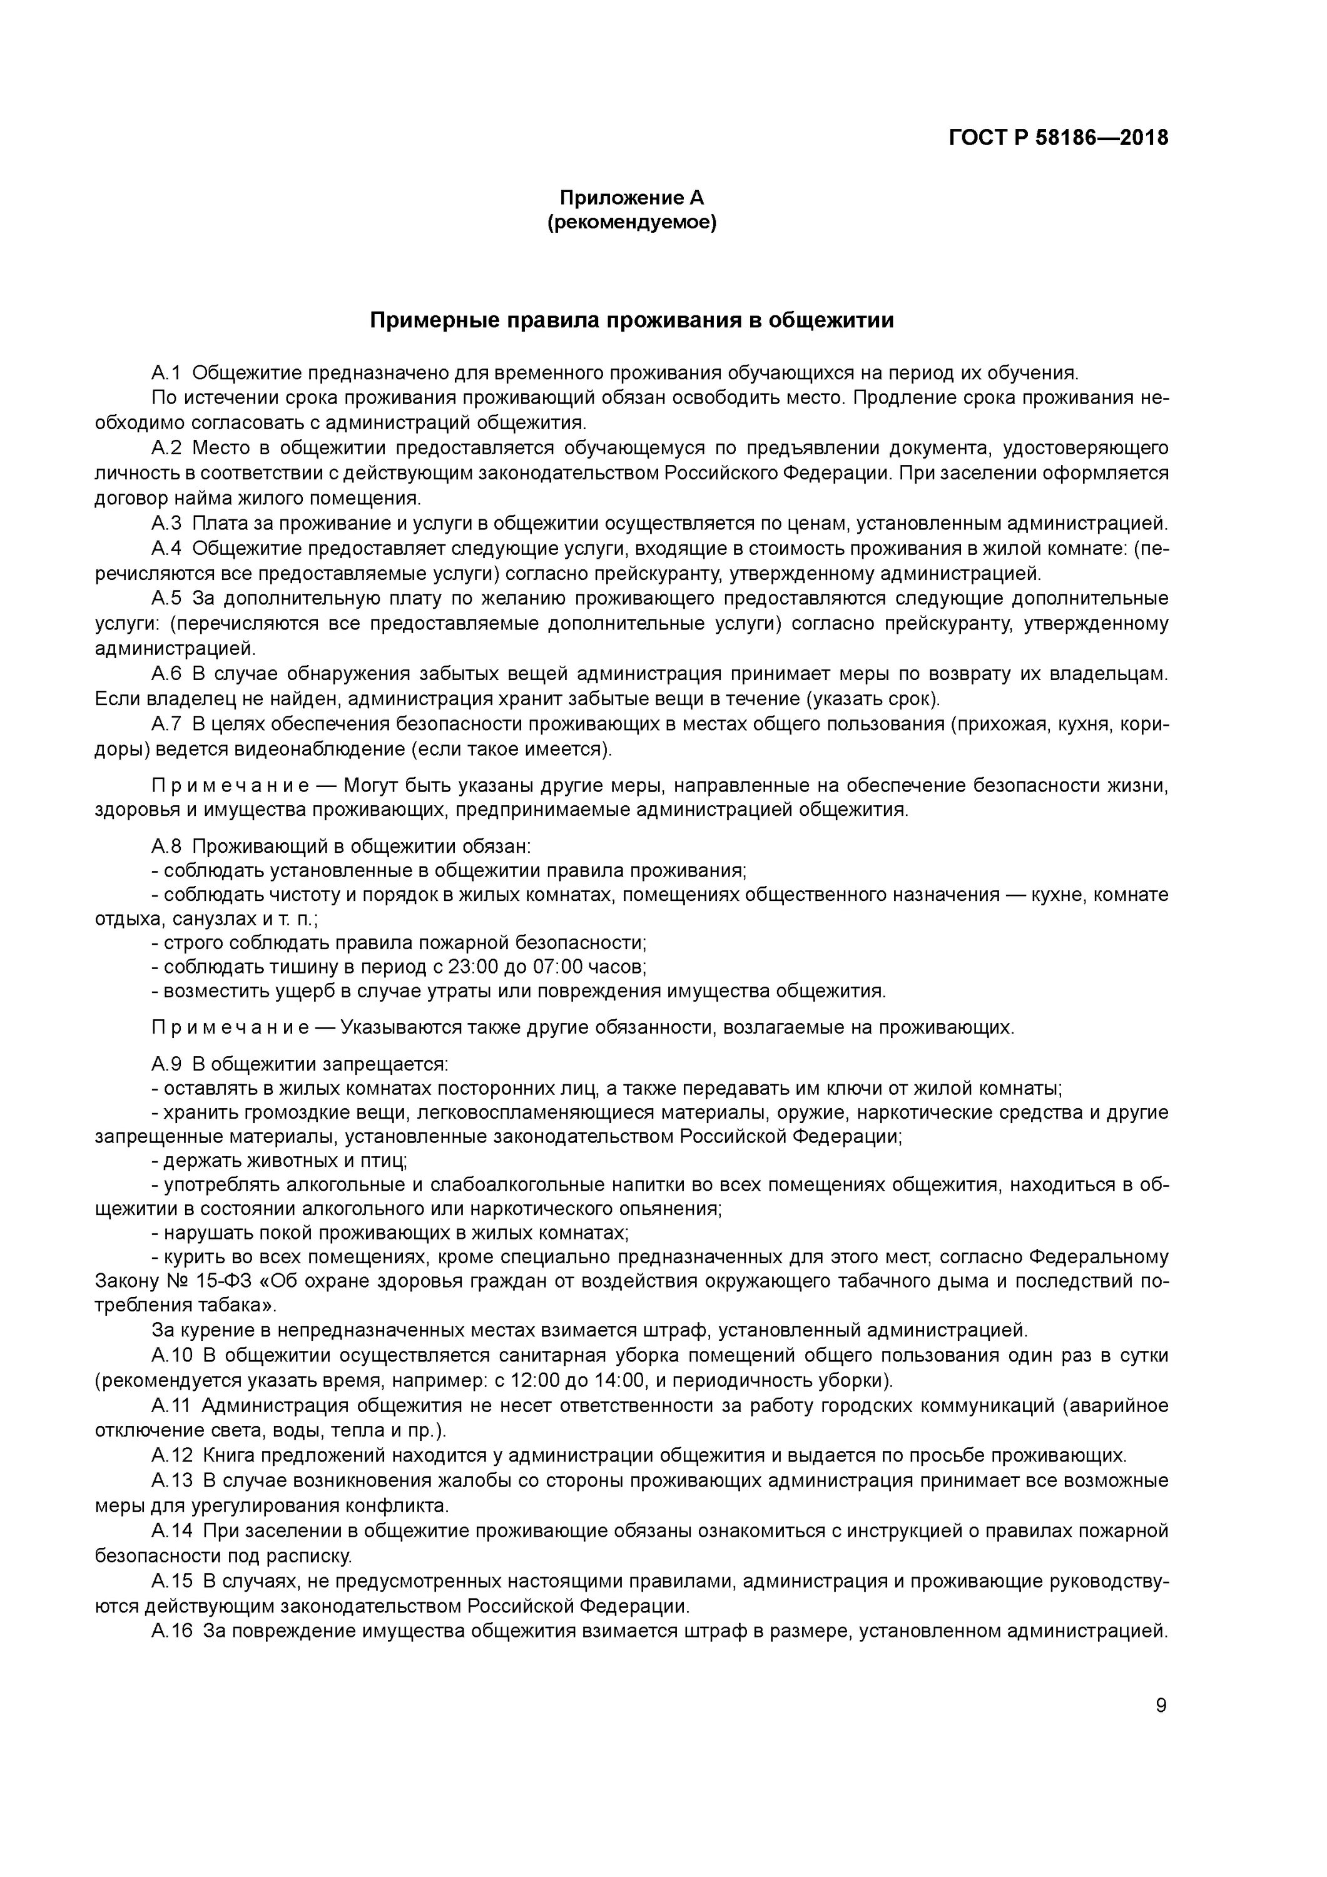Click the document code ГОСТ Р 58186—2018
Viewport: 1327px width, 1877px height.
pyautogui.click(x=1058, y=138)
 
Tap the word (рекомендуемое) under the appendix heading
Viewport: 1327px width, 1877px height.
pyautogui.click(x=631, y=222)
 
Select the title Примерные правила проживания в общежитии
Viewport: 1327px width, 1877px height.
pyautogui.click(x=631, y=320)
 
